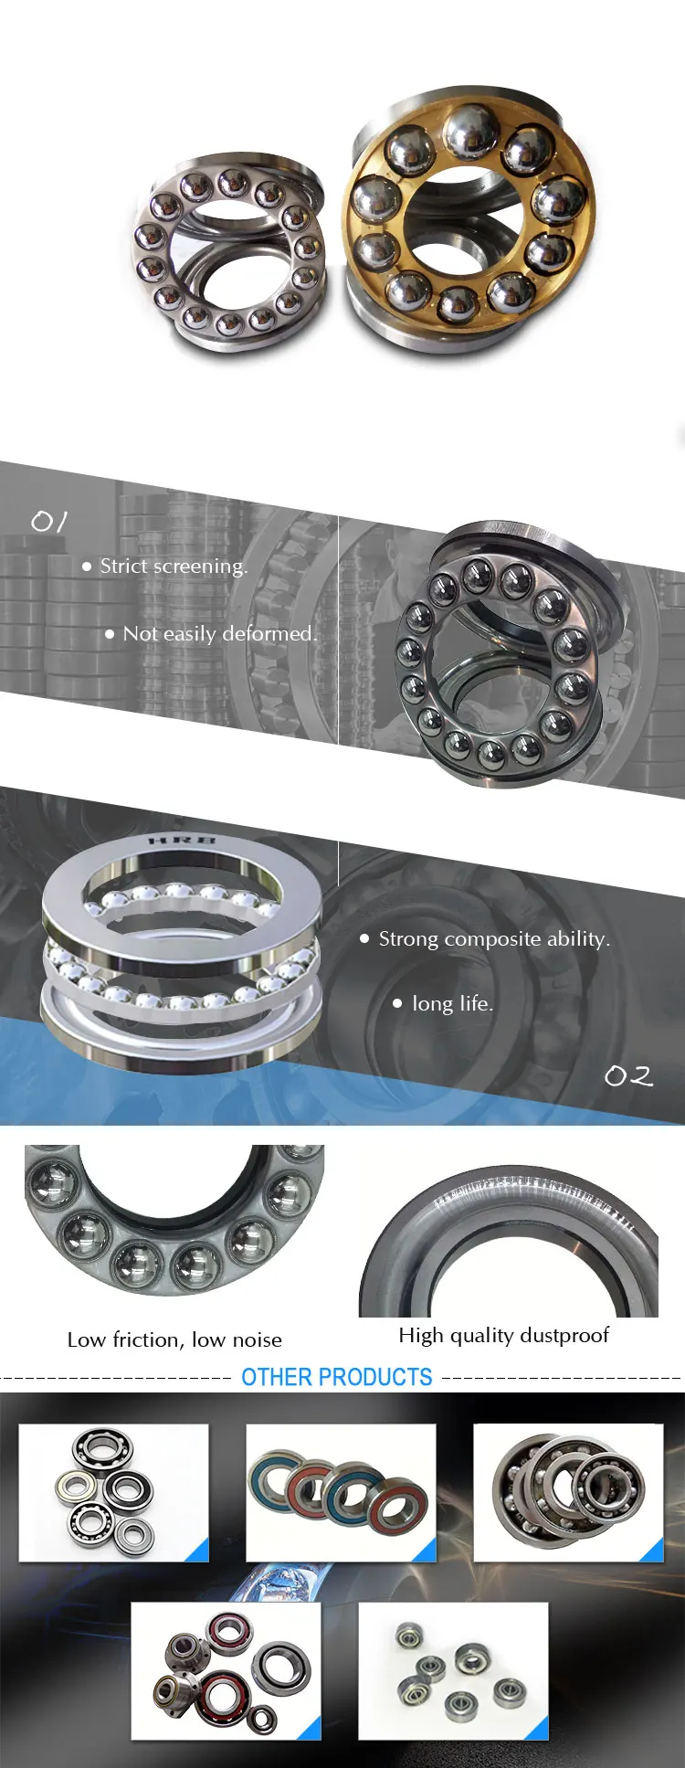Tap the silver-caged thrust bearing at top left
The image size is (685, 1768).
tap(228, 252)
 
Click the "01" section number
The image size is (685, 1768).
tap(49, 522)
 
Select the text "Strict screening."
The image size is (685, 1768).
tap(174, 566)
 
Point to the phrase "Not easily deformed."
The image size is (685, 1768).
tap(220, 634)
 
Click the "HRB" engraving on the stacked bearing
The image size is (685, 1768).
tap(182, 840)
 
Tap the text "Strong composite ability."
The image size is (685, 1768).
tap(494, 939)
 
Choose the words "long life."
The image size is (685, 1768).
tap(452, 1004)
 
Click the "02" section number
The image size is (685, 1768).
tap(628, 1076)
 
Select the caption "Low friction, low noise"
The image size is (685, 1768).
tap(174, 1340)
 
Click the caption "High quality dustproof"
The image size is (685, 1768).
tap(503, 1336)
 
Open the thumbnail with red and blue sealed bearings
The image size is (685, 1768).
tap(341, 1492)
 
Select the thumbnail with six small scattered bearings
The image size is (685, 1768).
tap(453, 1670)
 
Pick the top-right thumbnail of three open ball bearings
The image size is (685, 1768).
tap(568, 1492)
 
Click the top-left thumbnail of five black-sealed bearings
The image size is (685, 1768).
tap(113, 1492)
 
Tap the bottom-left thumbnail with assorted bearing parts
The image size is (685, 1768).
tap(226, 1670)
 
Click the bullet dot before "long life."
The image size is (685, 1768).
tap(397, 1003)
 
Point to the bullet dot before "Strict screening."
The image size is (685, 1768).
tap(87, 566)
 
